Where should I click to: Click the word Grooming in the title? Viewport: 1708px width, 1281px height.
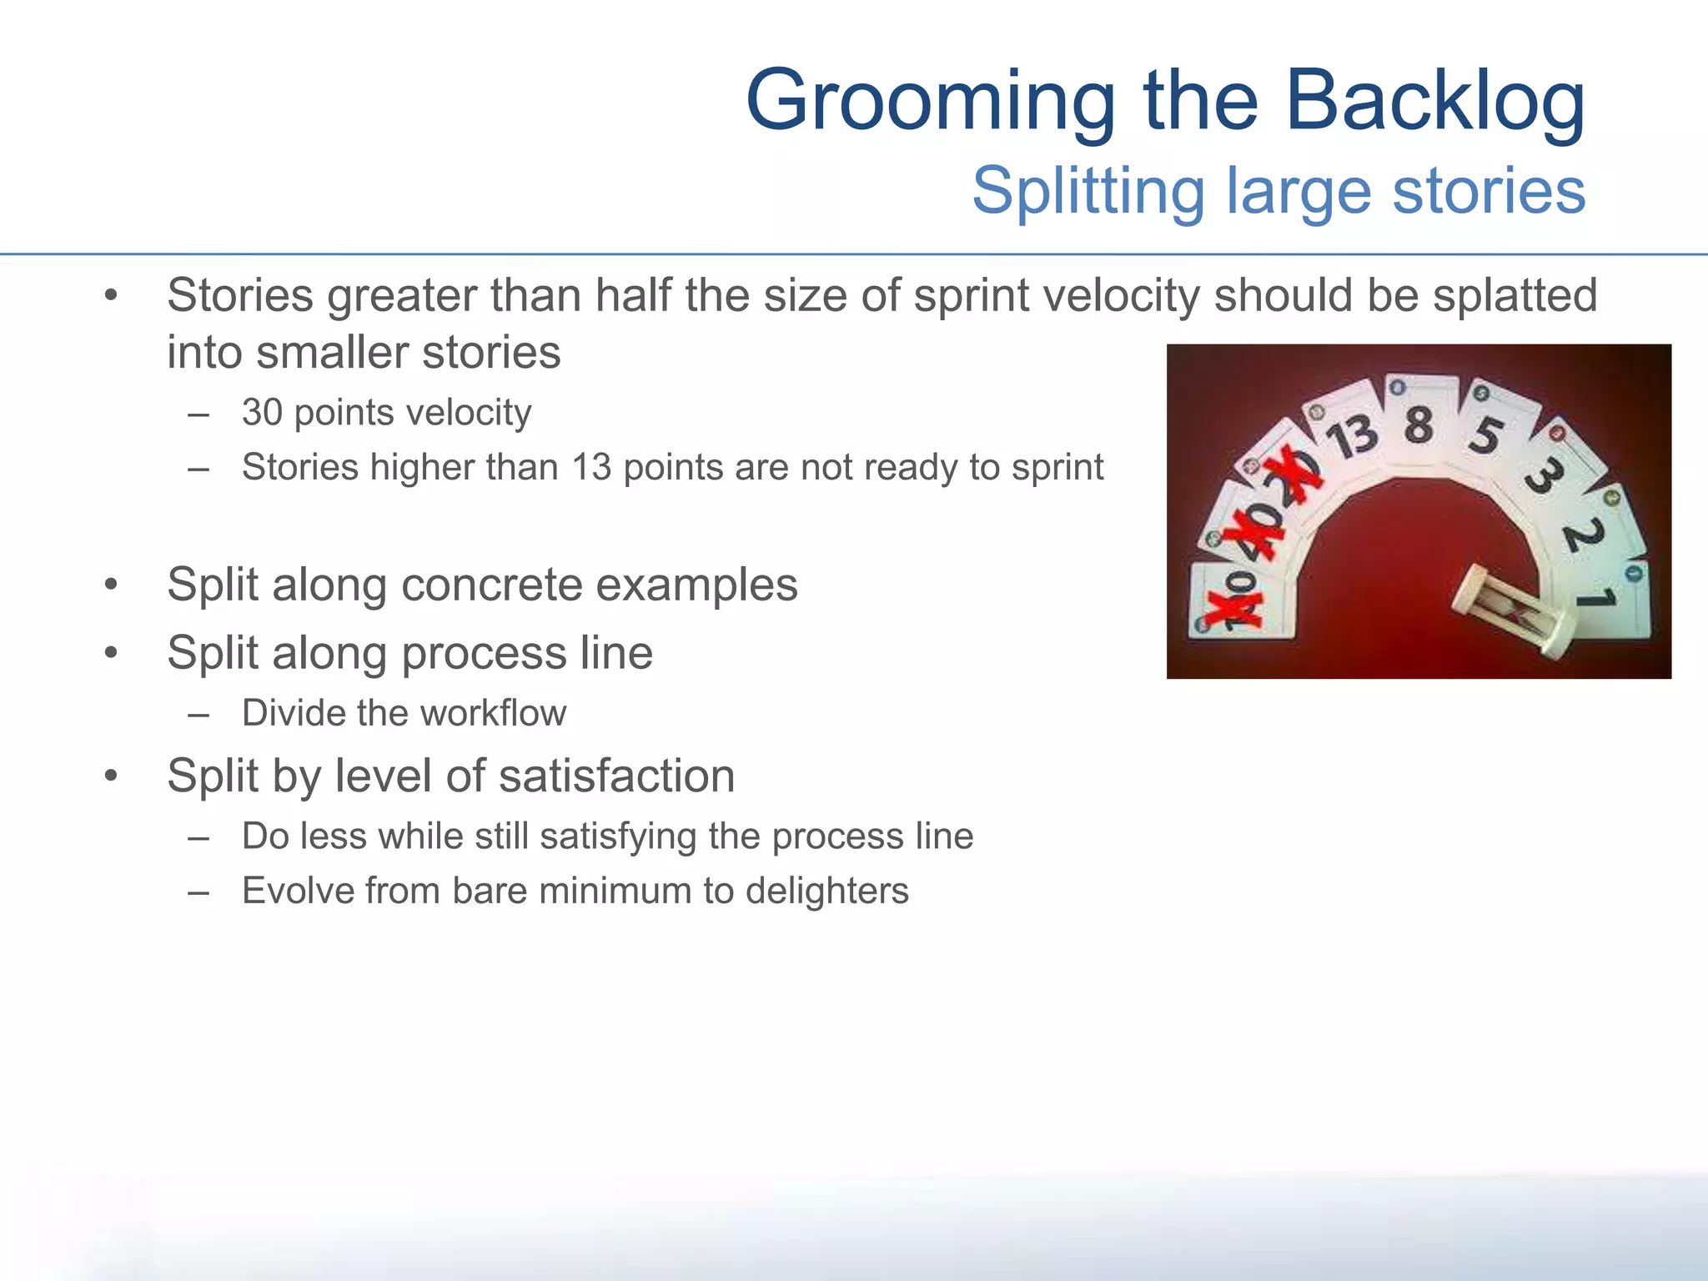pyautogui.click(x=930, y=102)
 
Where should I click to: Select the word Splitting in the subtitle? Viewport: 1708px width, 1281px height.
pyautogui.click(x=1088, y=191)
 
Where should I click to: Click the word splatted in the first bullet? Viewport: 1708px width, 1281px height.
pyautogui.click(x=1515, y=296)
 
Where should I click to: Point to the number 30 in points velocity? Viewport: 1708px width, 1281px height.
pyautogui.click(x=262, y=413)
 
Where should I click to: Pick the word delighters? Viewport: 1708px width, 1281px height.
pyautogui.click(x=826, y=891)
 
